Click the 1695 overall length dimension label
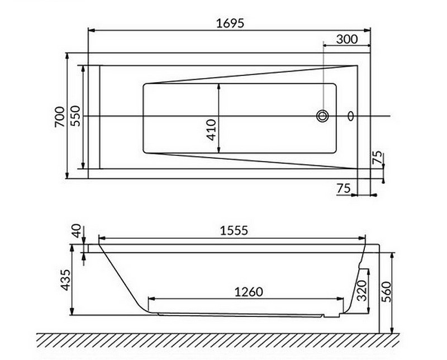click(230, 23)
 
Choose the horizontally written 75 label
click(344, 188)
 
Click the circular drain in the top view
click(322, 116)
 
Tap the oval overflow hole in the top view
click(351, 116)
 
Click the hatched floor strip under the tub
click(223, 339)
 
